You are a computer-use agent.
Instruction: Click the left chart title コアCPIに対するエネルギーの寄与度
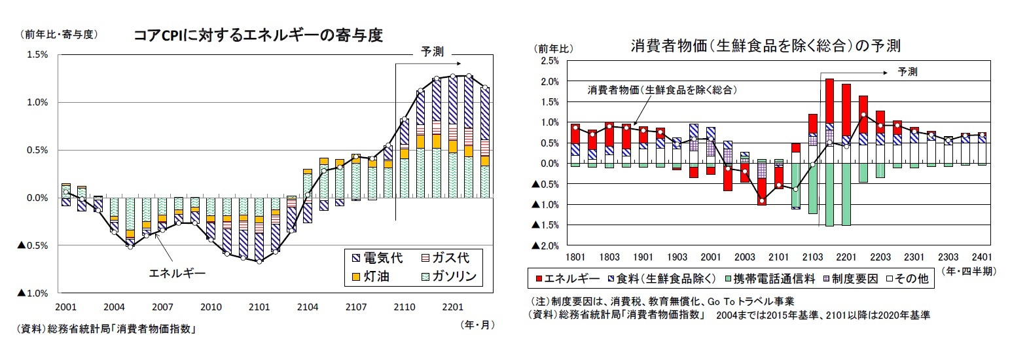[x=257, y=35]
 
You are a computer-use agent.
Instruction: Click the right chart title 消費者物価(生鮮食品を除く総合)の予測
[x=765, y=46]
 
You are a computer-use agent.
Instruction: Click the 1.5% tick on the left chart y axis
[x=37, y=54]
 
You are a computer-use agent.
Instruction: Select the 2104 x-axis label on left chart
[x=306, y=306]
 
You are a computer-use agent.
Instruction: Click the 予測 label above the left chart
[x=431, y=51]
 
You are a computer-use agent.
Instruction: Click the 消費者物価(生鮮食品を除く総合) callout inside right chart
[x=659, y=89]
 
